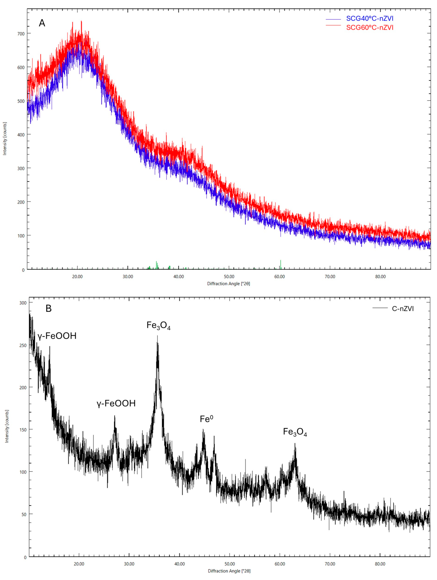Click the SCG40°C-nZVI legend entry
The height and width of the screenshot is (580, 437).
[370, 19]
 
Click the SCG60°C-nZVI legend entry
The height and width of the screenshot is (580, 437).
[370, 28]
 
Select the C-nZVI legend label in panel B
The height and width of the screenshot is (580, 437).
[403, 309]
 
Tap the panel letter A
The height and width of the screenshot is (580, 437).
[42, 23]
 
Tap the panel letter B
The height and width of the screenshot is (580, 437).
[48, 308]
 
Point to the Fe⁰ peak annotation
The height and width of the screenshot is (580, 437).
[206, 419]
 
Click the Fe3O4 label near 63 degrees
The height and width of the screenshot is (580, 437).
[295, 432]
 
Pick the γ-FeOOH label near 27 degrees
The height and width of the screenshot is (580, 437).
[116, 403]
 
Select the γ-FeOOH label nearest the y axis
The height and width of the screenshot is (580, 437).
[57, 336]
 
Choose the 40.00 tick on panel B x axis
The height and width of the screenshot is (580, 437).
[180, 564]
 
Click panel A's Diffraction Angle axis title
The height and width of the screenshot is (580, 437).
[229, 284]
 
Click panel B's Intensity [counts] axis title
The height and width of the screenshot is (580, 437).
[7, 426]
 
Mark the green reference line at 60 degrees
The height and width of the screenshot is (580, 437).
[281, 264]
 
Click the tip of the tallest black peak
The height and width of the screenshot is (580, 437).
[157, 336]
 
